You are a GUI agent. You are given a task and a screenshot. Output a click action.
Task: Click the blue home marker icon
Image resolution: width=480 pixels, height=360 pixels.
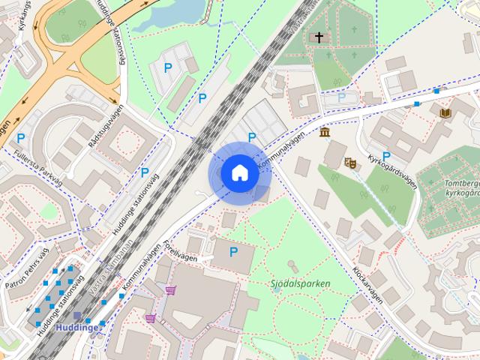(238, 173)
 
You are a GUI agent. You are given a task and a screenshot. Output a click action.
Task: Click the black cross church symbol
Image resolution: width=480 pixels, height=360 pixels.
(319, 37)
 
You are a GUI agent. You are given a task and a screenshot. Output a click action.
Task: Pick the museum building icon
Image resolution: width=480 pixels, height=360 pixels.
(324, 133)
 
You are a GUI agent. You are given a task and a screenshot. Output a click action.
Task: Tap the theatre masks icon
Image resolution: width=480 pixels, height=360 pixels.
(349, 161)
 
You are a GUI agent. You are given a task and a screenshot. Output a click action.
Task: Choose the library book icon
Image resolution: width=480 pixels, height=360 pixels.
(445, 112)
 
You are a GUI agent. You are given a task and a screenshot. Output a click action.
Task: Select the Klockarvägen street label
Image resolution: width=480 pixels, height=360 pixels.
(368, 285)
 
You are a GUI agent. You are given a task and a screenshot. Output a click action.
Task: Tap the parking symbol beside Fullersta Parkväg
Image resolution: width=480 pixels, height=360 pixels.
(21, 138)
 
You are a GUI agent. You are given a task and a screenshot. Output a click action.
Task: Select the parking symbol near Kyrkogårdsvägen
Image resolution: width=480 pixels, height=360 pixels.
(386, 156)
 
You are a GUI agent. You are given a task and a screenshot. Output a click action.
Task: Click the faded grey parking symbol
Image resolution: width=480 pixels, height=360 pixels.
(342, 97)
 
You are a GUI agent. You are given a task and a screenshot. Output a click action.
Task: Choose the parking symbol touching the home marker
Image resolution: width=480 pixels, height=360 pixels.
(252, 137)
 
